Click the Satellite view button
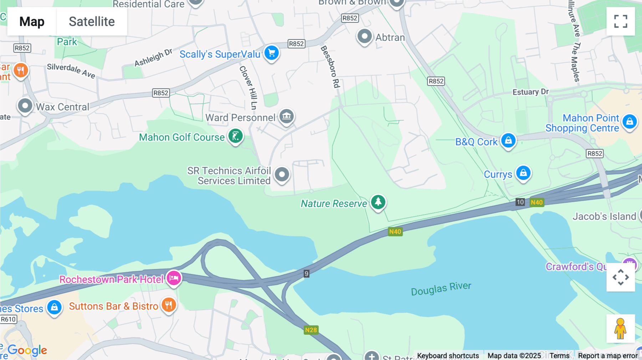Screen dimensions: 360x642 tap(92, 22)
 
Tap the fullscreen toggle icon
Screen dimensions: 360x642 tap(621, 21)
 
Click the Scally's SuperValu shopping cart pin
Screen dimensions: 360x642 tap(271, 53)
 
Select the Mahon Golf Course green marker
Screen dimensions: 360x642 tap(235, 136)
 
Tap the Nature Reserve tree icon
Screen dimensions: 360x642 tap(378, 202)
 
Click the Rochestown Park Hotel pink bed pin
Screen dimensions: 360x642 tap(174, 278)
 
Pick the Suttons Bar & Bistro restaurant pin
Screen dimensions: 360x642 tap(169, 305)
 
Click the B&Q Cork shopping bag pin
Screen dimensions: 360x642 tap(508, 140)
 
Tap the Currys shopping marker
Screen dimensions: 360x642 tap(523, 173)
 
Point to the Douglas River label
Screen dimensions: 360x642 tap(441, 289)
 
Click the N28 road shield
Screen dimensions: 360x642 tap(311, 330)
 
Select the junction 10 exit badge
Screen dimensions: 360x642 tap(520, 202)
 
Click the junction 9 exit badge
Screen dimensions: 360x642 tap(306, 274)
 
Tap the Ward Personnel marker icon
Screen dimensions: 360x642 tap(286, 116)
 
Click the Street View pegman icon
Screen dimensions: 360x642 tap(620, 328)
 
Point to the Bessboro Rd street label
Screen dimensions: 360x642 tap(330, 67)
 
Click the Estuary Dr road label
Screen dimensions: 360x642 tap(530, 92)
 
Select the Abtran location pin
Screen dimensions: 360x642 tap(365, 36)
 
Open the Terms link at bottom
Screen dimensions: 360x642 tap(559, 355)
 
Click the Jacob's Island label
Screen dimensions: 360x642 tap(604, 216)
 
